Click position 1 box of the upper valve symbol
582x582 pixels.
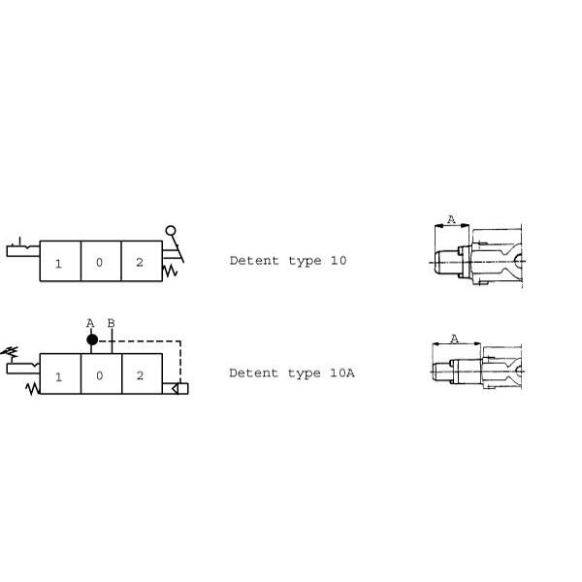[60, 261]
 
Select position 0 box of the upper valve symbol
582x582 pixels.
[101, 261]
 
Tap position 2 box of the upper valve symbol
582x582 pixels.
[142, 261]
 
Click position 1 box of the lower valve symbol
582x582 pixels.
[60, 373]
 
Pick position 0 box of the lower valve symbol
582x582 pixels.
[101, 373]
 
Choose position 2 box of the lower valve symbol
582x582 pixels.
[143, 373]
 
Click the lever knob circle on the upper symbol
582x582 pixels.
[171, 231]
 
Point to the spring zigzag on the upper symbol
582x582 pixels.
[170, 271]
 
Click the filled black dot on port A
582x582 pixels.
[92, 339]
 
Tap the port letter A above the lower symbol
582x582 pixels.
[90, 323]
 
